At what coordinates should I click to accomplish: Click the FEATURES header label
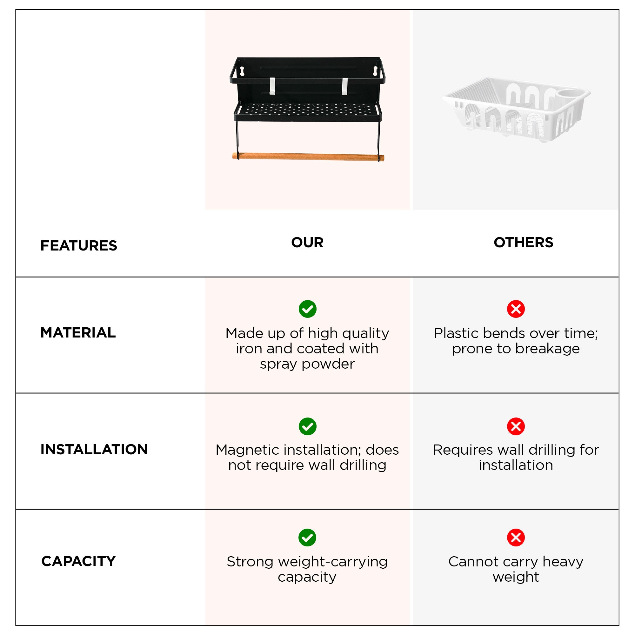click(x=78, y=245)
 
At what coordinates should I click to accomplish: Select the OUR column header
click(x=307, y=242)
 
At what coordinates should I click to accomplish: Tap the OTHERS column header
click(x=523, y=242)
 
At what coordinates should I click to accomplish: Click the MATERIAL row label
click(x=78, y=333)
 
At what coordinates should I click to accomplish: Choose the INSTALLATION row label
click(x=94, y=449)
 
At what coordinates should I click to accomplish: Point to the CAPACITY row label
click(x=78, y=561)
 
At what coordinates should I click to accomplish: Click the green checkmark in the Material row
click(x=307, y=309)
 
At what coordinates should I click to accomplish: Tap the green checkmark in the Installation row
click(x=307, y=426)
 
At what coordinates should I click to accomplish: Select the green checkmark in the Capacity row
click(x=307, y=538)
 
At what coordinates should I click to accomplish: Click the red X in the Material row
click(x=516, y=309)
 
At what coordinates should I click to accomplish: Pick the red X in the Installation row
click(x=516, y=426)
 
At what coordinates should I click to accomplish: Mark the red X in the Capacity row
click(x=516, y=538)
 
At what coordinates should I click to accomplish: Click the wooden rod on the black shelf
click(x=308, y=157)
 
